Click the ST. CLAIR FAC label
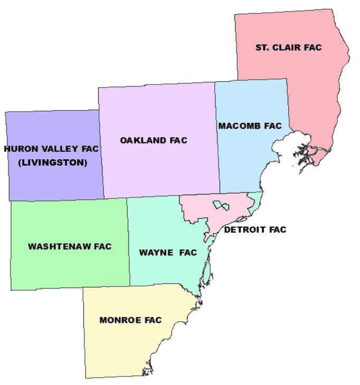click(288, 47)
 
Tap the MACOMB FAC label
click(249, 126)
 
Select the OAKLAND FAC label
click(154, 140)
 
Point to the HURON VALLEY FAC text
click(51, 149)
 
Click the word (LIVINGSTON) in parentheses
click(52, 163)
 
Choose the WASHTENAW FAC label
click(70, 246)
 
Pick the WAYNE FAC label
click(168, 253)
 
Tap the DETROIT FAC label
click(255, 230)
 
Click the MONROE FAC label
click(130, 320)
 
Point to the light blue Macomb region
click(243, 158)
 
